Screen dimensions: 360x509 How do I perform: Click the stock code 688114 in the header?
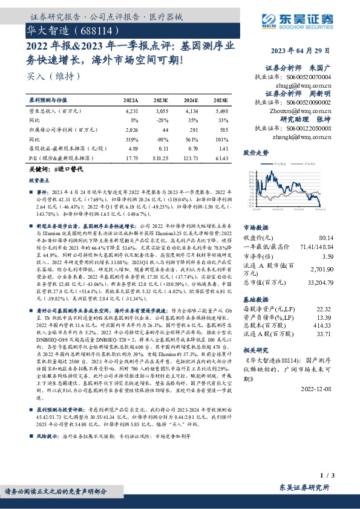[x=94, y=29]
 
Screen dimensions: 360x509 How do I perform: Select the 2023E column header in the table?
[x=161, y=99]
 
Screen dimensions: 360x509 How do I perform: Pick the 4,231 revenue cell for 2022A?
[x=131, y=112]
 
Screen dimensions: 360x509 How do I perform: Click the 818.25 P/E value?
[x=160, y=157]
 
